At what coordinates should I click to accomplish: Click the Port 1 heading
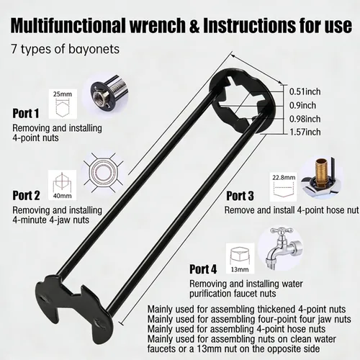point(26,114)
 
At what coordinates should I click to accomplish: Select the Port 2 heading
point(26,195)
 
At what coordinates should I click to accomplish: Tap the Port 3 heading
point(240,196)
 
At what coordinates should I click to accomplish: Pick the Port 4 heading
point(203,269)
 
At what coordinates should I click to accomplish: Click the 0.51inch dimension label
point(305,91)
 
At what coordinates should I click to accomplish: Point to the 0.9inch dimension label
point(302,105)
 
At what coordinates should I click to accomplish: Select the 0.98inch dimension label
point(305,119)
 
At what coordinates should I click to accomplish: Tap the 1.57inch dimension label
point(305,132)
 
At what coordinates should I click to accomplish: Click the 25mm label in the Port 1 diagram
point(63,94)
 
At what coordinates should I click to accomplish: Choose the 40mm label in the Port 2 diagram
point(63,196)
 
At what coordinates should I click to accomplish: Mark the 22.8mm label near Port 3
point(284,178)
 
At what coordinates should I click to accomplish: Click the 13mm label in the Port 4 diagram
point(240,269)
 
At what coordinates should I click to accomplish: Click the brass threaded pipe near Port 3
point(319,171)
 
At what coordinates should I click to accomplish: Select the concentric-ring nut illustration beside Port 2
point(104,172)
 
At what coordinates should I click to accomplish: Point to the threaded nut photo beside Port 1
point(109,94)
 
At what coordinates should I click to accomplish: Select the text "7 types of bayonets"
point(66,49)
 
